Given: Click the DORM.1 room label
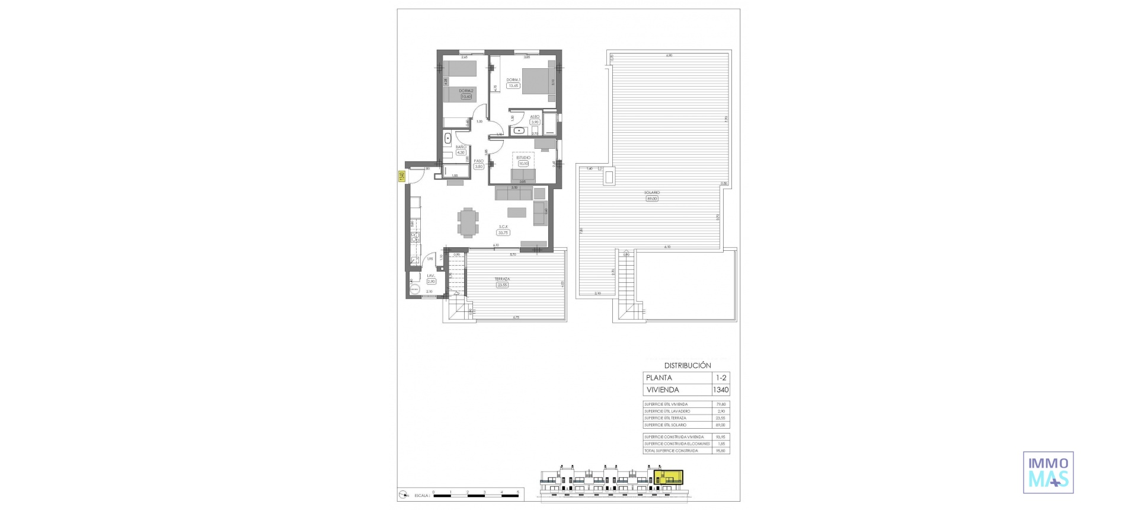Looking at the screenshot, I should pyautogui.click(x=513, y=80).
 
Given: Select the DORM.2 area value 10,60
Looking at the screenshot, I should pyautogui.click(x=466, y=97).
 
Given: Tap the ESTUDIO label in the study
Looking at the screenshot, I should pyautogui.click(x=523, y=158).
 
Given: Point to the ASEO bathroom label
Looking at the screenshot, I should pyautogui.click(x=535, y=117).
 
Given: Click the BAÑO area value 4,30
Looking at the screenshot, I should pyautogui.click(x=461, y=152).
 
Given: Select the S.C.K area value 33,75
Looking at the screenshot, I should pyautogui.click(x=504, y=232).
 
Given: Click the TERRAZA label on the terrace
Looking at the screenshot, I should pyautogui.click(x=502, y=279).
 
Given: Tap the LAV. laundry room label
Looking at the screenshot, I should pyautogui.click(x=431, y=276).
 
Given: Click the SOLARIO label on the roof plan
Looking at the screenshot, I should pyautogui.click(x=652, y=193).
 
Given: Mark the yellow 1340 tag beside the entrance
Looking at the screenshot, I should pyautogui.click(x=401, y=176).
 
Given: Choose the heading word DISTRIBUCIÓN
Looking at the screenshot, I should pyautogui.click(x=687, y=366).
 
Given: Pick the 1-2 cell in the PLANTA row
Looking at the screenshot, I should pyautogui.click(x=720, y=378).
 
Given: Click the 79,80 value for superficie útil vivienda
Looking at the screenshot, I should pyautogui.click(x=720, y=404).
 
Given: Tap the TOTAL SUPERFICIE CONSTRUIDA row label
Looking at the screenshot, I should pyautogui.click(x=670, y=451).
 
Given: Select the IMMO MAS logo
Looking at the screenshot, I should pyautogui.click(x=1049, y=472).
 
